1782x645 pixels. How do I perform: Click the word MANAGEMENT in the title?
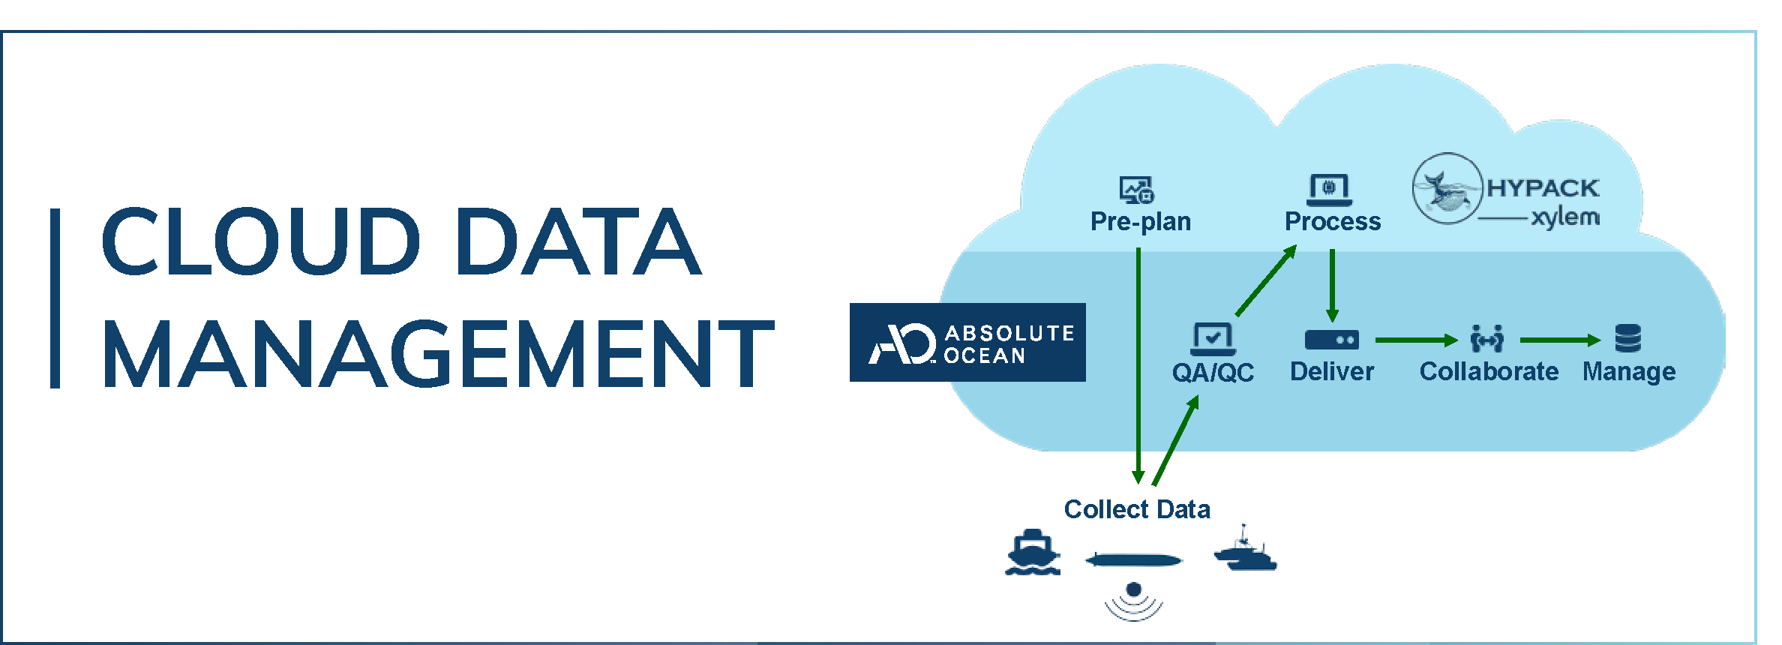tap(438, 354)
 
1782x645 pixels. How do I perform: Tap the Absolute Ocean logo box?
tap(967, 343)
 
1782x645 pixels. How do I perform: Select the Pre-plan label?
tap(1140, 222)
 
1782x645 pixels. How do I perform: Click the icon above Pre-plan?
tap(1136, 190)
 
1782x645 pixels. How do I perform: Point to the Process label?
tap(1333, 222)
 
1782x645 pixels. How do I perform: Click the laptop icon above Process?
tap(1329, 189)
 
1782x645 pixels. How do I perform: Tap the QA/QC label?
tap(1213, 372)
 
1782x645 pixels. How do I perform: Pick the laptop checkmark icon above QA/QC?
tap(1213, 339)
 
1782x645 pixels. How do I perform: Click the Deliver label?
tap(1331, 372)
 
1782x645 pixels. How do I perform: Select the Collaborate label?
tap(1489, 372)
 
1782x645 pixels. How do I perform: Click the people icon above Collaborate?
tap(1487, 339)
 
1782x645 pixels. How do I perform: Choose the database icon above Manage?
tap(1628, 339)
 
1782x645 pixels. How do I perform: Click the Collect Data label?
tap(1137, 510)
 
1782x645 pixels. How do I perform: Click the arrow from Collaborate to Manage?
tap(1560, 340)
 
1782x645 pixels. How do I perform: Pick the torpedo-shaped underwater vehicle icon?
tap(1133, 560)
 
